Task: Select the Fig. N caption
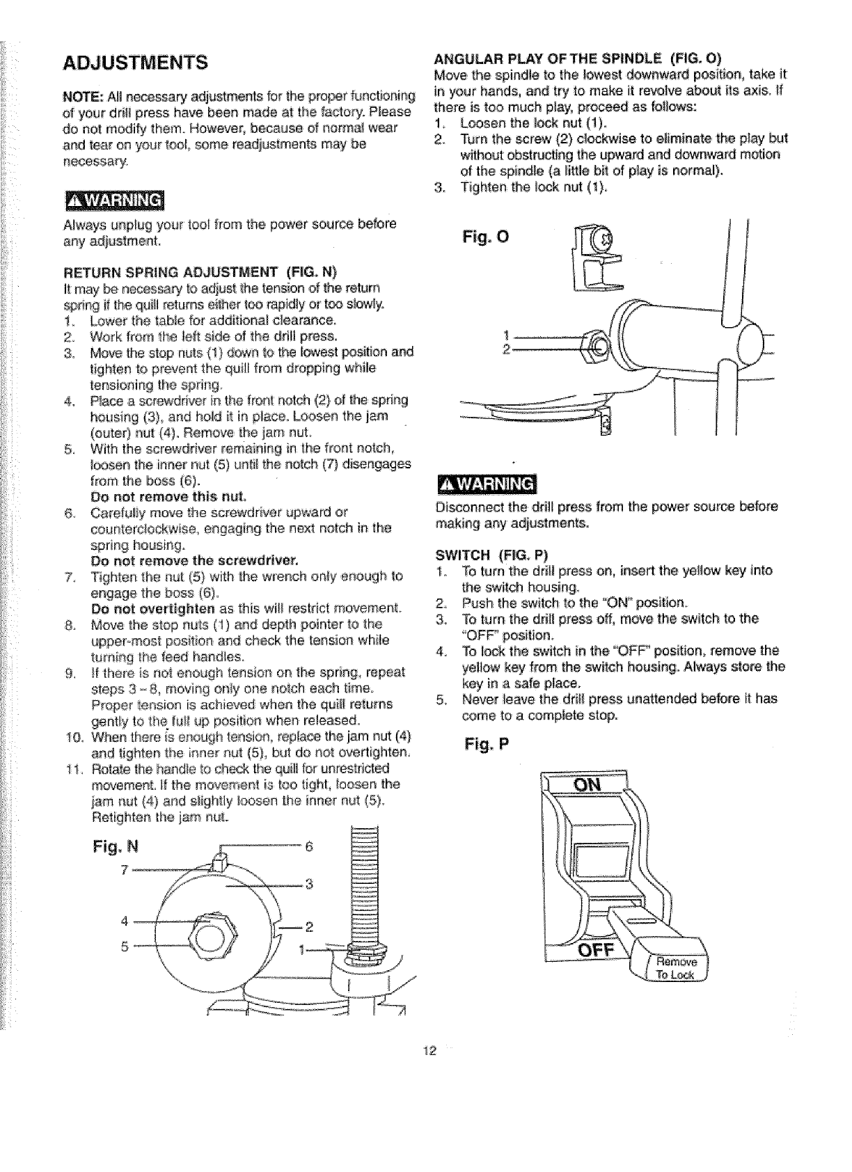pyautogui.click(x=116, y=847)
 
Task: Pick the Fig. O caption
pyautogui.click(x=485, y=237)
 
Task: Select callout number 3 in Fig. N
pyautogui.click(x=308, y=885)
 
